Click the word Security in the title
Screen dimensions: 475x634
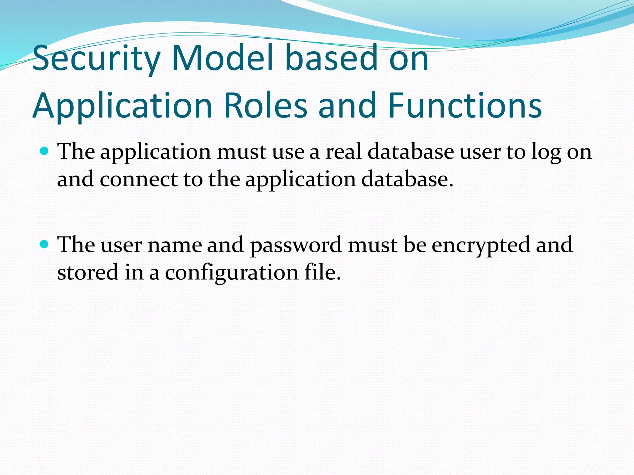pyautogui.click(x=96, y=58)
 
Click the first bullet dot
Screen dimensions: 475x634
pyautogui.click(x=45, y=151)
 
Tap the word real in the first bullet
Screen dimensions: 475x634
pyautogui.click(x=343, y=152)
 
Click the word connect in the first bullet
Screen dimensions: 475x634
pyautogui.click(x=139, y=179)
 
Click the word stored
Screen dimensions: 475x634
pyautogui.click(x=88, y=272)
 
